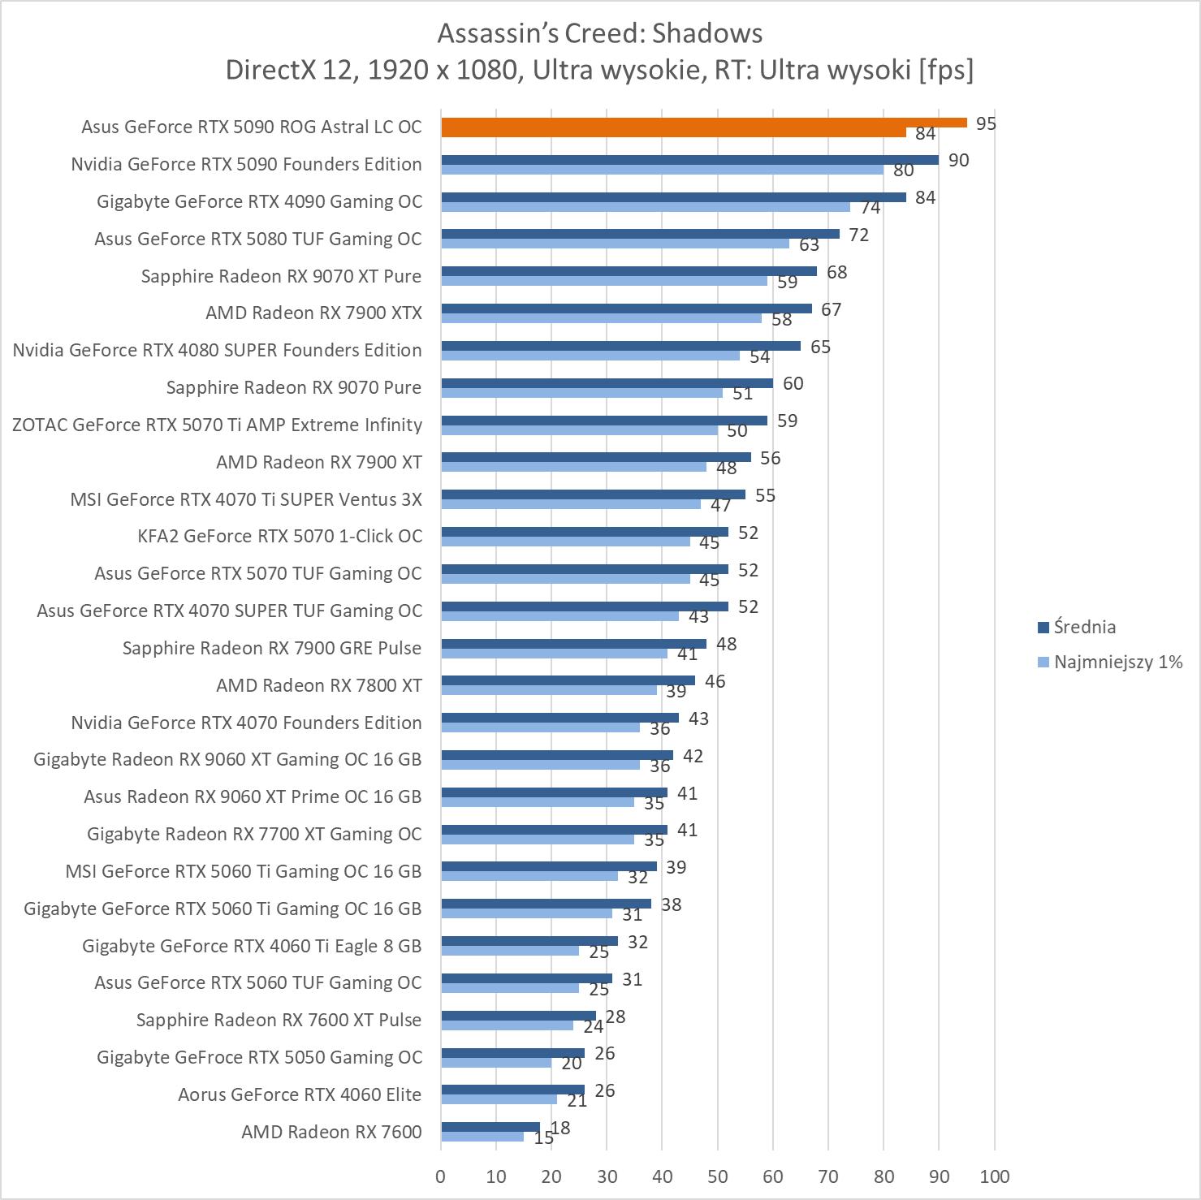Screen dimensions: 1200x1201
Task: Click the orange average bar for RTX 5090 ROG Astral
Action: [x=703, y=123]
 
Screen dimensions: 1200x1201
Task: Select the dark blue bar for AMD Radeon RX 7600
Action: [x=490, y=1127]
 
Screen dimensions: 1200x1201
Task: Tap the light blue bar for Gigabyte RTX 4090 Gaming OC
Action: [x=646, y=207]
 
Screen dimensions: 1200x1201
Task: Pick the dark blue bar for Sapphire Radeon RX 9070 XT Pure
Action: [x=629, y=271]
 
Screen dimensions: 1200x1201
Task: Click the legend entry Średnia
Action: [x=1084, y=627]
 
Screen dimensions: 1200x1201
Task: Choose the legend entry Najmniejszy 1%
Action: [x=1117, y=662]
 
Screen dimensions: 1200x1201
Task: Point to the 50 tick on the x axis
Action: [x=717, y=1176]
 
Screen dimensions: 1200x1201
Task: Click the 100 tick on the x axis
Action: [x=995, y=1176]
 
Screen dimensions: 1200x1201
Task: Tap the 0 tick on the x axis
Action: [x=441, y=1176]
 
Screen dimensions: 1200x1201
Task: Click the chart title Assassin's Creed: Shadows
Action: [x=599, y=33]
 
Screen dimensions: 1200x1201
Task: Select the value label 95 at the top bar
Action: [x=986, y=123]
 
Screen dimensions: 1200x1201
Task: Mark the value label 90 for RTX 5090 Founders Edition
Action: [x=958, y=160]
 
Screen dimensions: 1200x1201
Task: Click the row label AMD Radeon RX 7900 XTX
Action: [x=313, y=313]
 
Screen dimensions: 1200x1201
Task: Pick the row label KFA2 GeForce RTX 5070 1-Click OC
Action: [x=279, y=536]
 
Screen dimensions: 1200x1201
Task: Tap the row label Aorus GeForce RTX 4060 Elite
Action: [x=300, y=1094]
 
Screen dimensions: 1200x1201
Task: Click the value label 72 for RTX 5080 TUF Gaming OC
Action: [x=858, y=235]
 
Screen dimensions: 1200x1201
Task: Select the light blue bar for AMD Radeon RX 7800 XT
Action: [x=549, y=690]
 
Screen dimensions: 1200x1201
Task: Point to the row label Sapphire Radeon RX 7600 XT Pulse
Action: [x=279, y=1020]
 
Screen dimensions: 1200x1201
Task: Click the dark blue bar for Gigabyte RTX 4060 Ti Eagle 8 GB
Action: [x=529, y=941]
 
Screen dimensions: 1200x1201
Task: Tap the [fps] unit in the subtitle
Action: [x=946, y=70]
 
